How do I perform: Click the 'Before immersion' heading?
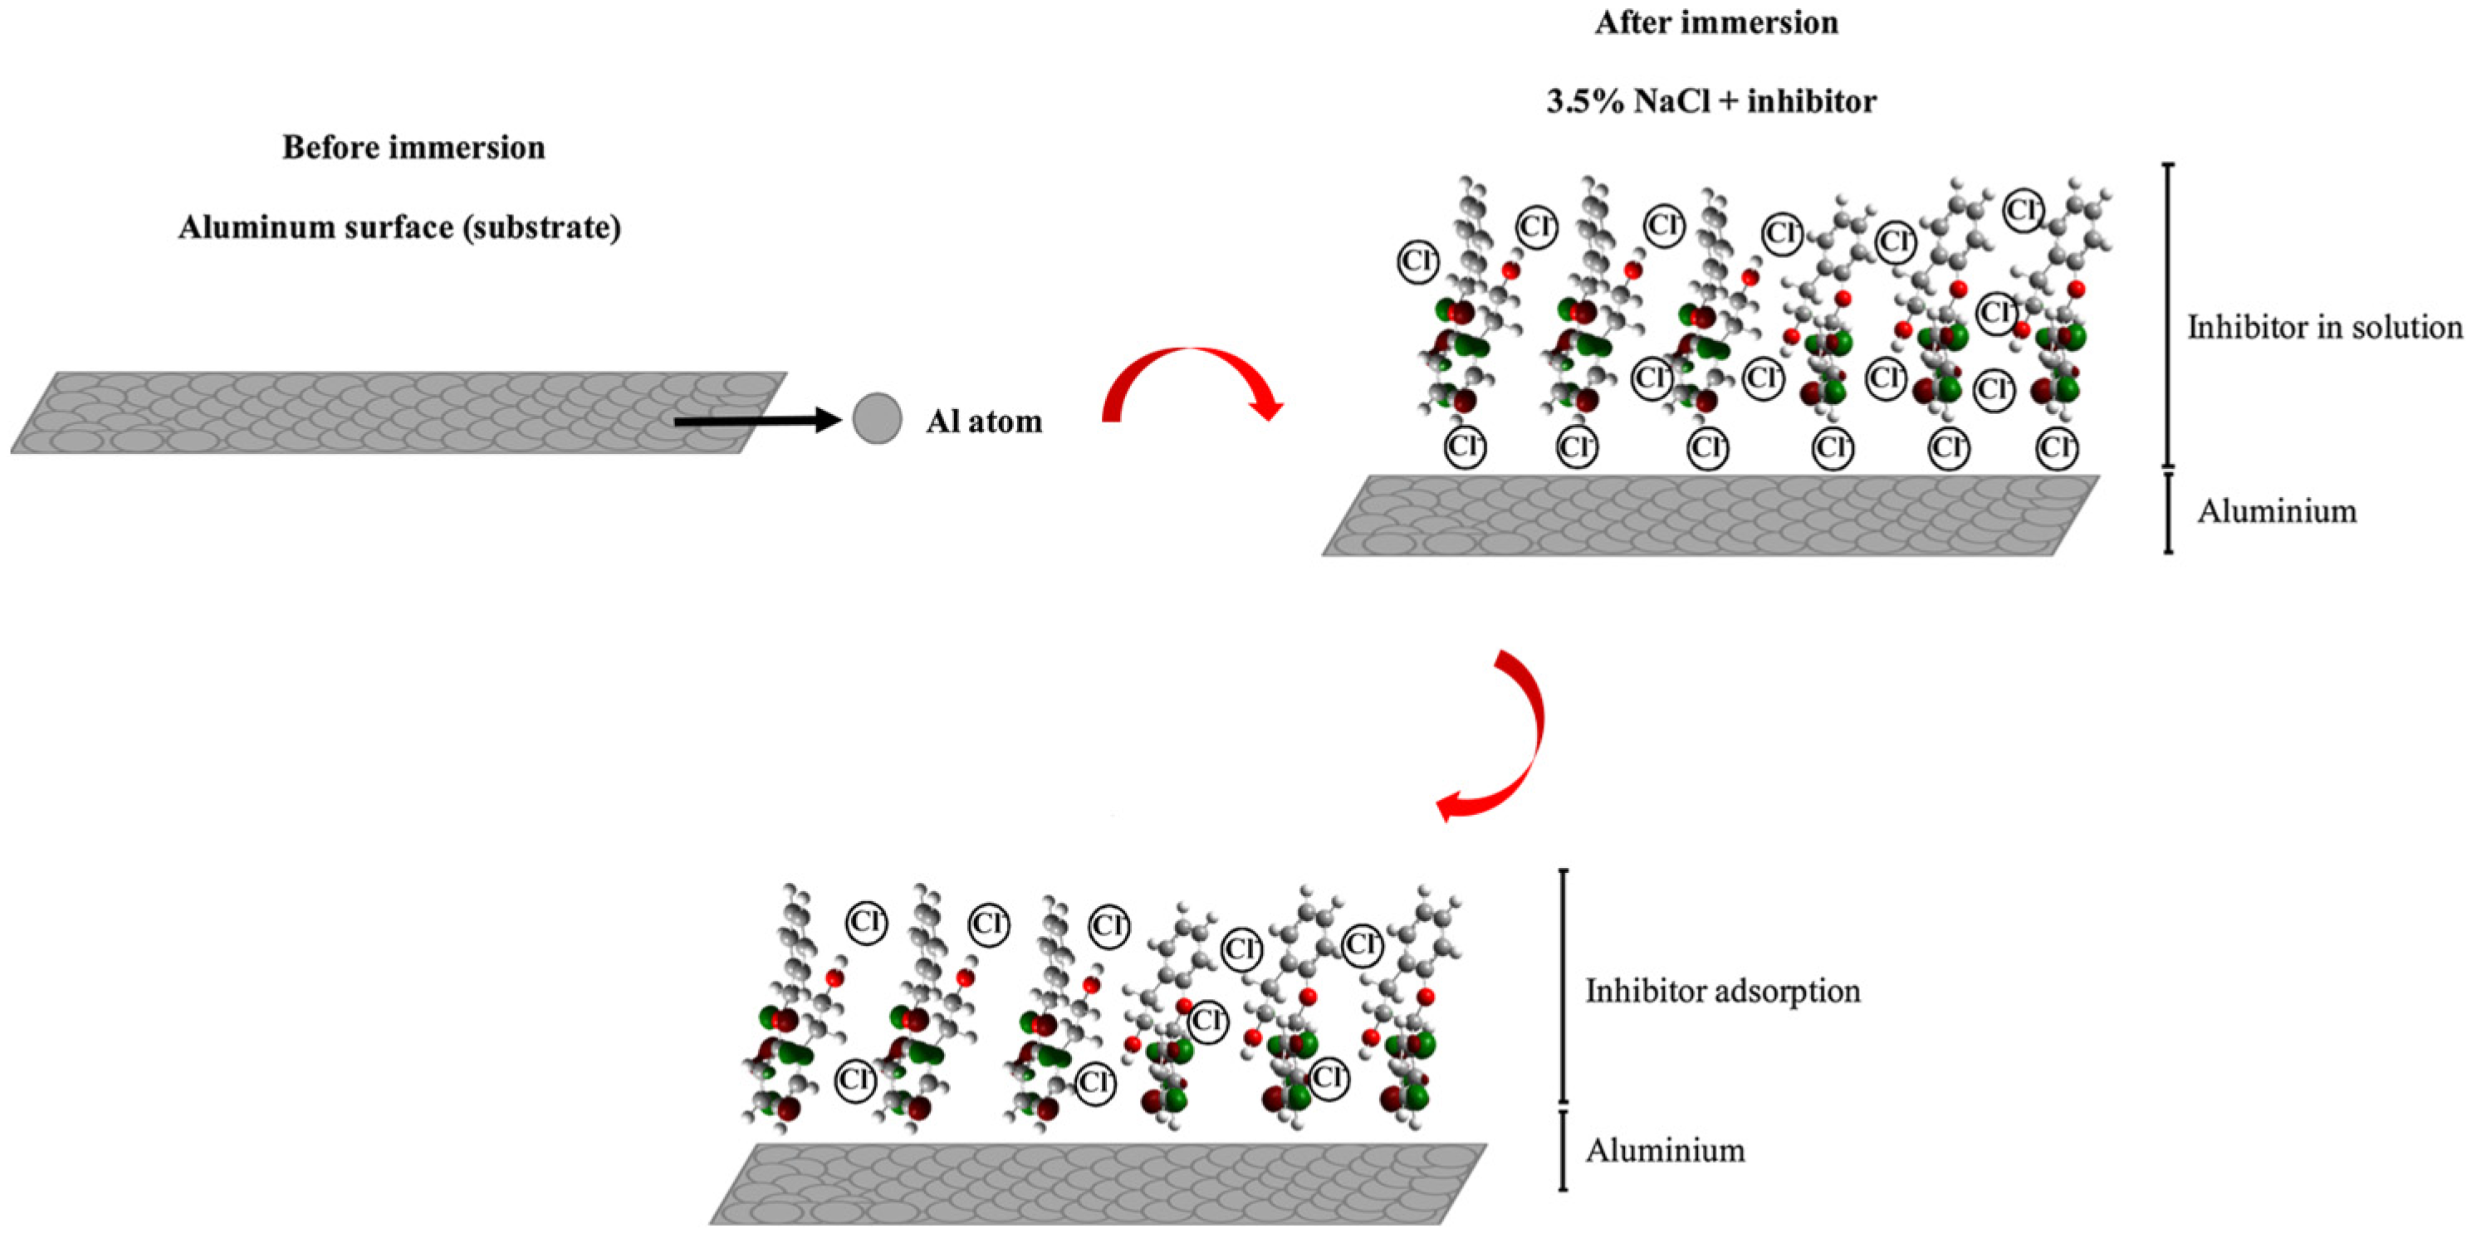click(413, 147)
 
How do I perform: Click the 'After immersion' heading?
click(1715, 22)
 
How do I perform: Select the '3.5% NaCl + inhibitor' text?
click(1711, 101)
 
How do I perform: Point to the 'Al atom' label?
click(983, 421)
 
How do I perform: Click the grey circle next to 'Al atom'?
click(877, 419)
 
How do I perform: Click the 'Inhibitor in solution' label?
click(2325, 328)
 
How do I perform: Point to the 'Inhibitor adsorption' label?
click(1722, 991)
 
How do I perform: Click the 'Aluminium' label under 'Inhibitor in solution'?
click(2276, 511)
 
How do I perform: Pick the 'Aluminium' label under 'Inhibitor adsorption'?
click(1665, 1150)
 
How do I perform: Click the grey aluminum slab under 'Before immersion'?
click(398, 412)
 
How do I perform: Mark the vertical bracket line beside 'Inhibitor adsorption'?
click(1563, 986)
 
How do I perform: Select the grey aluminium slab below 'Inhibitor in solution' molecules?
click(1711, 515)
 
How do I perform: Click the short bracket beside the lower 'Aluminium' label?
click(1563, 1151)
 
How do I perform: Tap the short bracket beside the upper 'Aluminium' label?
click(2167, 512)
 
